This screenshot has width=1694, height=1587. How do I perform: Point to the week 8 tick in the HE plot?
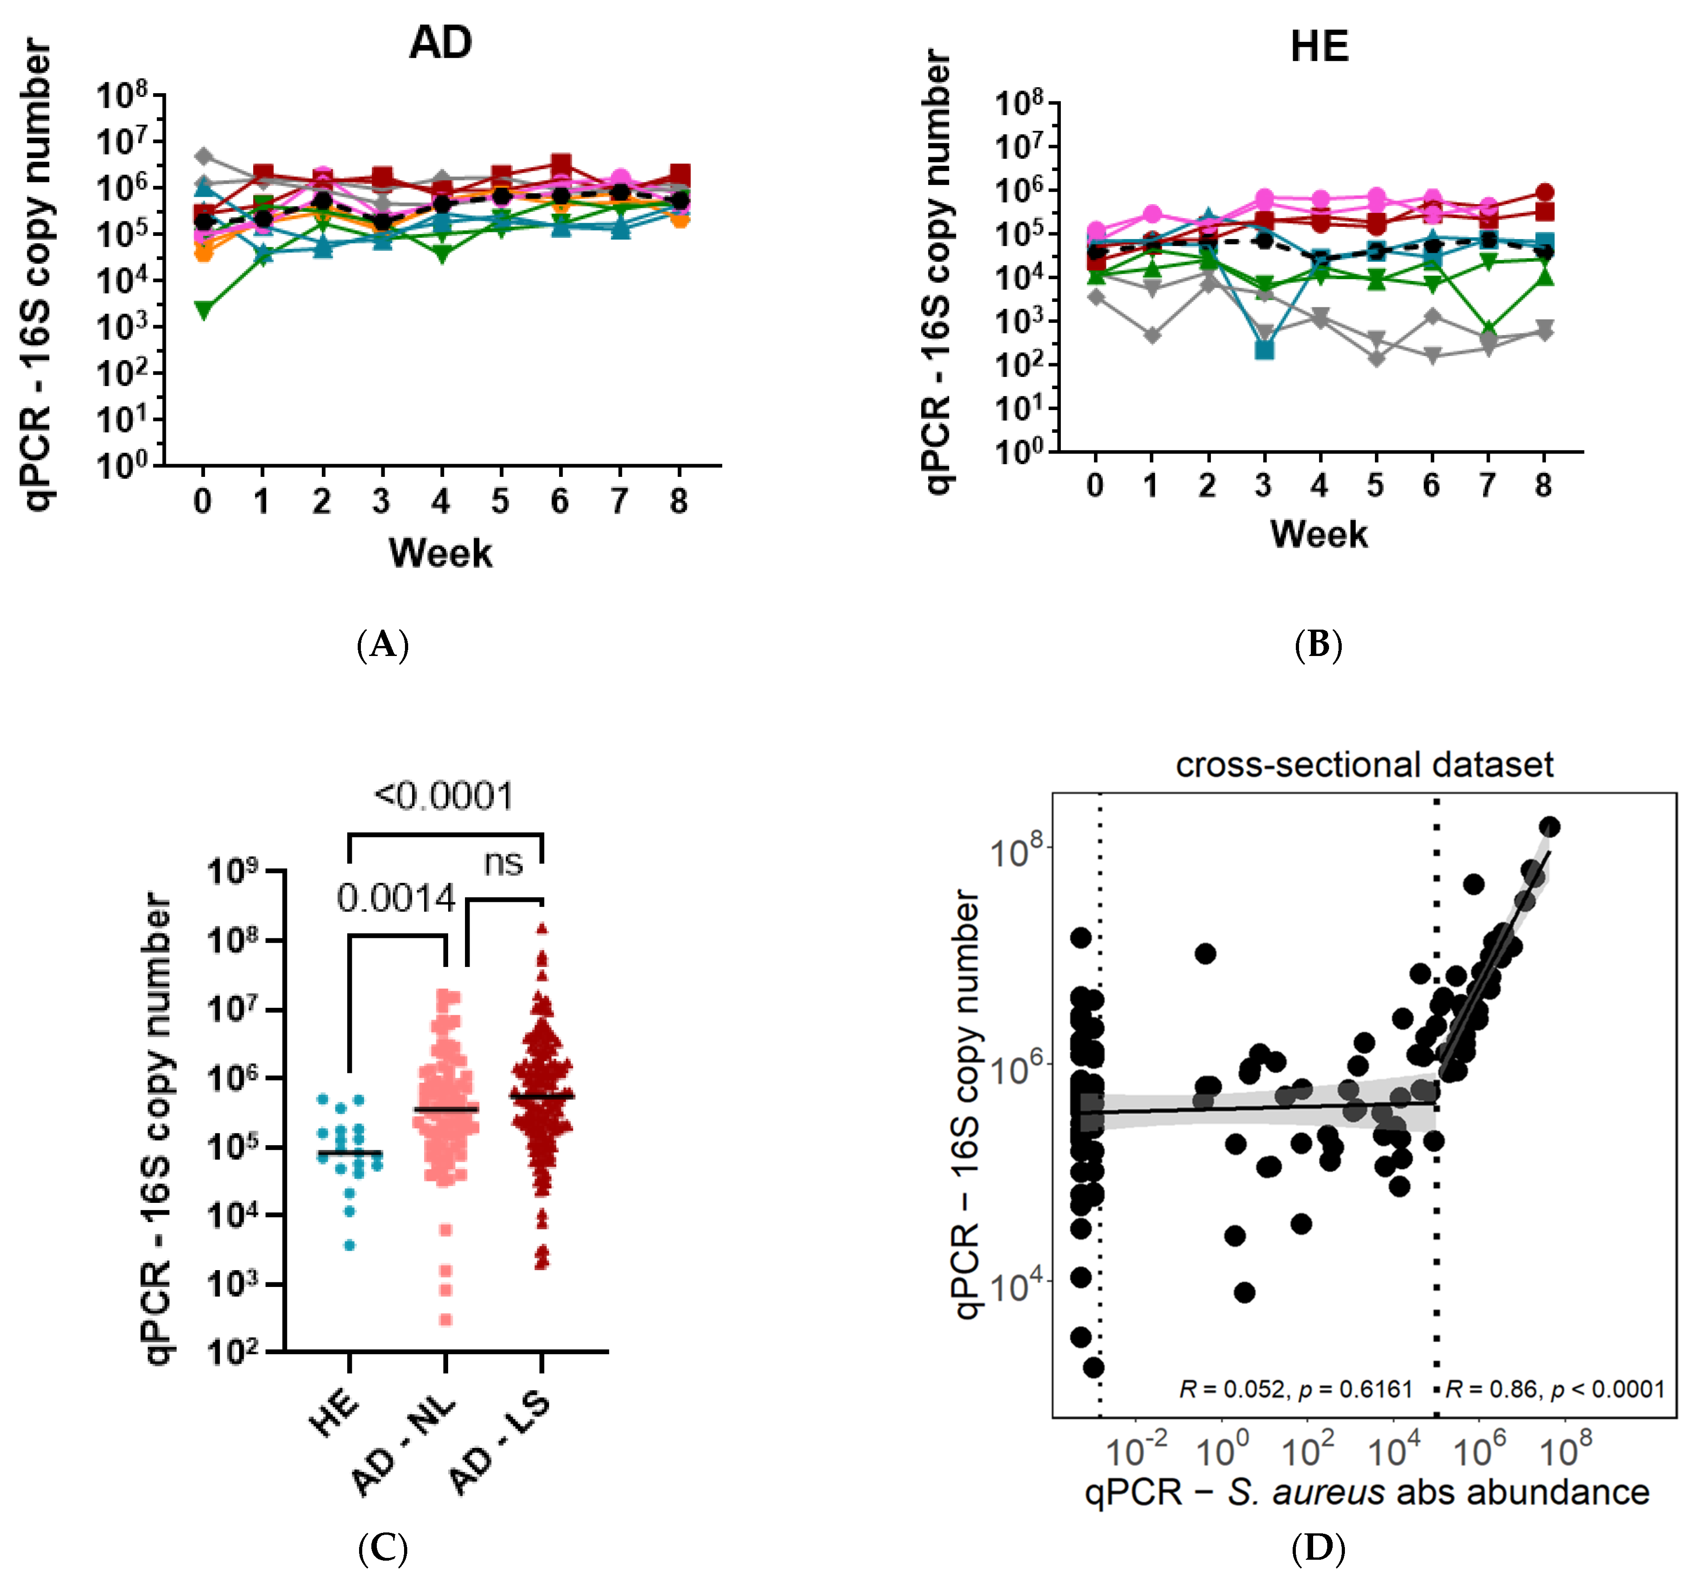pos(1543,485)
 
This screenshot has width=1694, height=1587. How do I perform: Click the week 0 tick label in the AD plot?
pos(202,501)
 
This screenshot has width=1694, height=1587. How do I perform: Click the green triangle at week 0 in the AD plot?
pos(203,310)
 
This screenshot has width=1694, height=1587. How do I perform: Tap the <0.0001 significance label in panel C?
pos(444,796)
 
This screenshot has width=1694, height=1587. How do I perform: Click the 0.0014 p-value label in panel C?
pos(396,898)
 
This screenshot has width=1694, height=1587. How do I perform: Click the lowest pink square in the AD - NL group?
pos(445,1320)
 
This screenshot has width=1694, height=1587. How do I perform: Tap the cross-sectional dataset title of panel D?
pos(1364,765)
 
